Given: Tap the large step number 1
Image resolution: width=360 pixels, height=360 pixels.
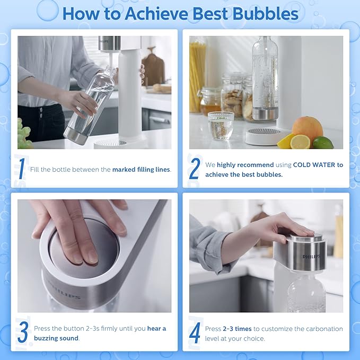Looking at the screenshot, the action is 22,169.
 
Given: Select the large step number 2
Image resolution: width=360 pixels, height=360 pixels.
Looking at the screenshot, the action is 195,169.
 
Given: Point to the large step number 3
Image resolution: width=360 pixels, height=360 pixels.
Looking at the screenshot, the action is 23,332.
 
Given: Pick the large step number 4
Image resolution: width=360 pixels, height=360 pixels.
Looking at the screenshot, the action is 195,332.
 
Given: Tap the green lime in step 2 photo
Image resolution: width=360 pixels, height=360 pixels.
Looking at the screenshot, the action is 323,143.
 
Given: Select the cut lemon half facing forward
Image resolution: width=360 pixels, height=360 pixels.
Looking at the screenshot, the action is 300,142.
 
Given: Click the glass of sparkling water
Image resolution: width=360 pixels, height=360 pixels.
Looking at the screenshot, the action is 221,126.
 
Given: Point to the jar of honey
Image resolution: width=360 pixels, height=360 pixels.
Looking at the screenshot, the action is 210,101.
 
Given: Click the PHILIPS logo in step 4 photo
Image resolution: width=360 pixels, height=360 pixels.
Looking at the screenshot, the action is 311,257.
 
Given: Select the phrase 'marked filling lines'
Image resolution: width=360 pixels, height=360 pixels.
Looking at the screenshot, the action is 141,170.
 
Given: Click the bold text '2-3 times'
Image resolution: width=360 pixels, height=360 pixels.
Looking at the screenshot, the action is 237,329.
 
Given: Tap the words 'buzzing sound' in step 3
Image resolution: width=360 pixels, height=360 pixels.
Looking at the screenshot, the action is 56,338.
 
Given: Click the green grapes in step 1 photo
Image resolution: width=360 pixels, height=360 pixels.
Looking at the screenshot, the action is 24,134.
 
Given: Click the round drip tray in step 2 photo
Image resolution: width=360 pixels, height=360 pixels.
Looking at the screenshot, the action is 265,136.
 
